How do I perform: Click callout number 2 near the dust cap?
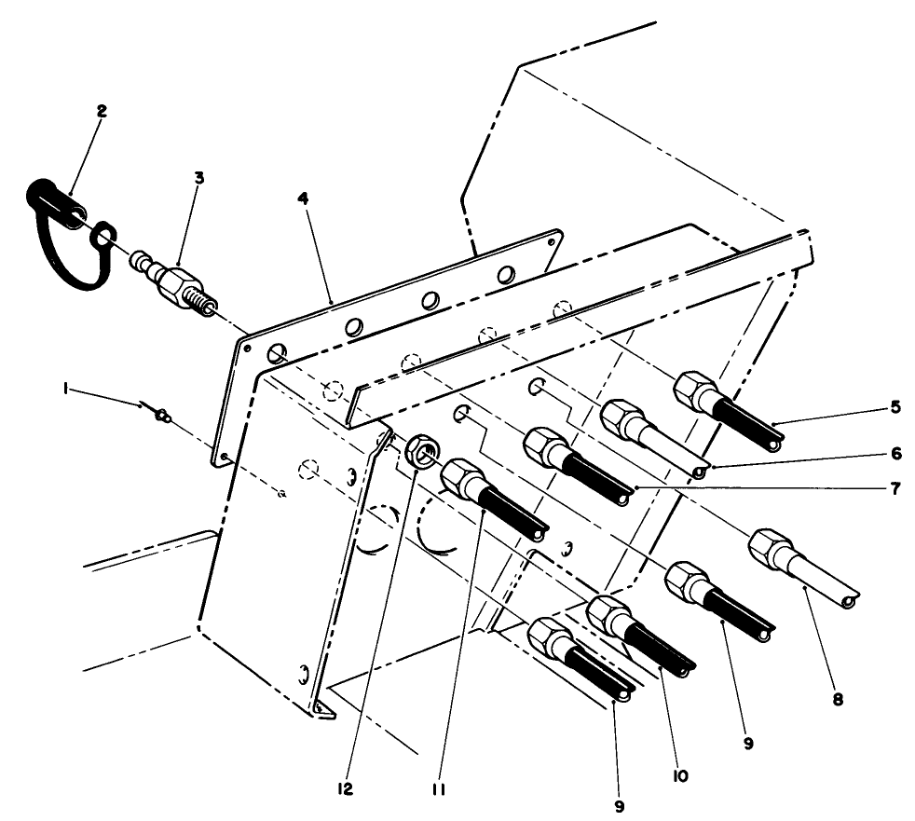coord(102,111)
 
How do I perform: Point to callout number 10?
coord(680,775)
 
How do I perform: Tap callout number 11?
coord(439,790)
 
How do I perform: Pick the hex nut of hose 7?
coord(544,446)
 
